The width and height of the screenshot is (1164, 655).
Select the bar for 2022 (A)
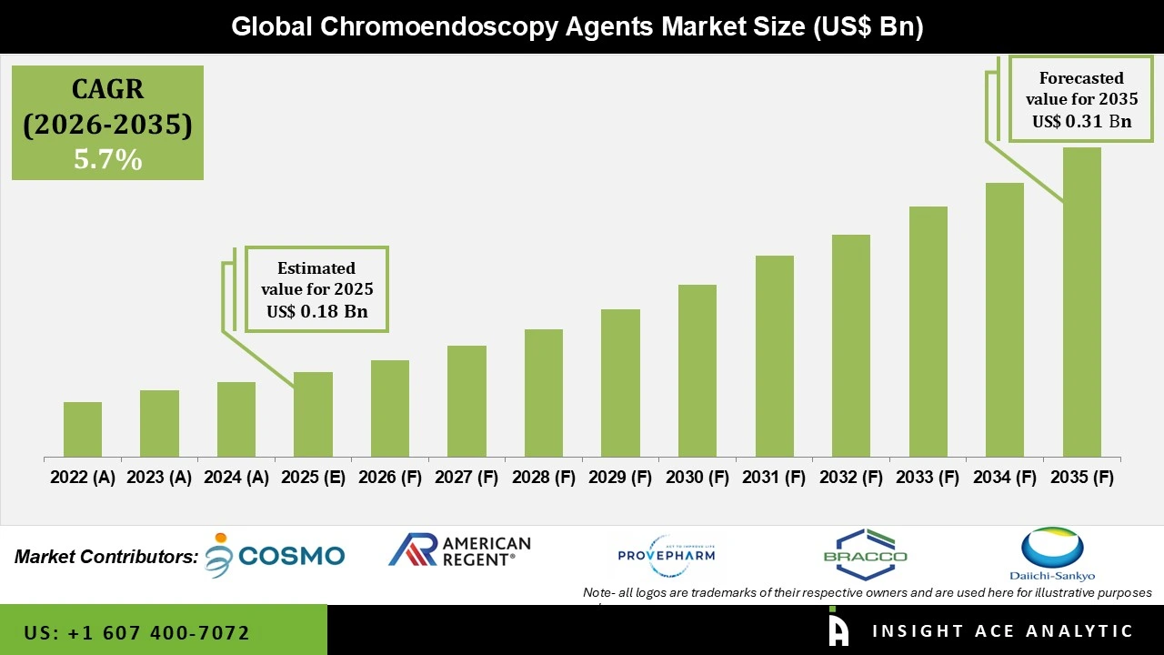(x=83, y=429)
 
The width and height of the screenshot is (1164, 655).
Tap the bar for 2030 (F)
(x=697, y=370)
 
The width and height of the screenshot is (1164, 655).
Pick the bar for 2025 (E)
(x=313, y=414)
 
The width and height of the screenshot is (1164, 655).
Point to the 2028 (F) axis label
(x=544, y=478)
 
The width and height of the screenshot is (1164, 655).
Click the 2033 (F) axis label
(x=928, y=478)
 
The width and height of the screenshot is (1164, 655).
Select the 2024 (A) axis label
(x=236, y=478)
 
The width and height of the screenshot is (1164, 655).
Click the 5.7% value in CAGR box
(x=107, y=160)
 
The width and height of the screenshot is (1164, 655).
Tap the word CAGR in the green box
(x=107, y=90)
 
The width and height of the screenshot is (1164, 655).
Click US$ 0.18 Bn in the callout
(x=316, y=311)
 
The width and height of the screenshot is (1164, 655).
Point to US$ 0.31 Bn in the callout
(x=1081, y=121)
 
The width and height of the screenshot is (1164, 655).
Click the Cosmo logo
(x=276, y=555)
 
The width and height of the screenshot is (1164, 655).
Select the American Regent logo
(x=459, y=550)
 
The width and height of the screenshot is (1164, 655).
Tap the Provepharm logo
(x=667, y=554)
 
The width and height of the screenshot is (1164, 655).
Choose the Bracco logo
(x=865, y=553)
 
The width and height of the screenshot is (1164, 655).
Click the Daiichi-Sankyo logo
(x=1052, y=553)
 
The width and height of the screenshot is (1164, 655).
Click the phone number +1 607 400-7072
(x=136, y=632)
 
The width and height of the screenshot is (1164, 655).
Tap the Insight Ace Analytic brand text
(x=1002, y=631)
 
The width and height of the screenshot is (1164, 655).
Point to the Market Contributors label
(x=106, y=557)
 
